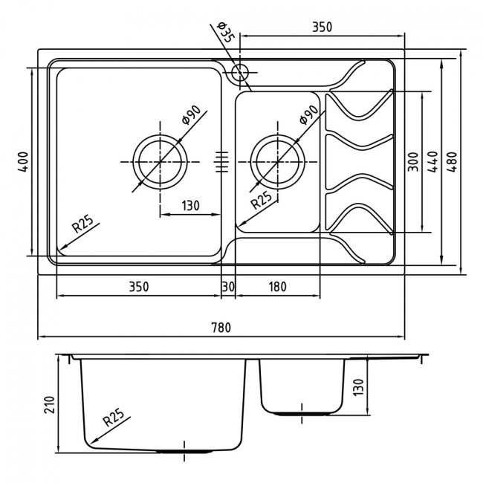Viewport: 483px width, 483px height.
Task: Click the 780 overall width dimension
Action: (x=221, y=327)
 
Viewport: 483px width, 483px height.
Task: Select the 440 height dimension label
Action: (x=432, y=162)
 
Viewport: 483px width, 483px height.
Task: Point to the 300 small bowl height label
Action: (x=413, y=162)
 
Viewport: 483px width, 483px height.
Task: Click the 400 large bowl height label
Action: (x=24, y=161)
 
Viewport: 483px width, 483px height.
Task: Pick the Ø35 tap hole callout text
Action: (x=225, y=33)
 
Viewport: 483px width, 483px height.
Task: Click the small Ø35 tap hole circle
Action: (x=240, y=73)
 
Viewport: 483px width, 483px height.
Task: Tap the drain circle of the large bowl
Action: (x=160, y=162)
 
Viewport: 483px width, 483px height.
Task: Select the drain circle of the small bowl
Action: (x=278, y=162)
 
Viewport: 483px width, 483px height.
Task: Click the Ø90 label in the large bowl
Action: (x=191, y=114)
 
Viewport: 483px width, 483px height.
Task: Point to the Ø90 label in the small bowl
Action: (x=308, y=114)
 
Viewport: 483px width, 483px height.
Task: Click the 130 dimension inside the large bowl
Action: (x=190, y=205)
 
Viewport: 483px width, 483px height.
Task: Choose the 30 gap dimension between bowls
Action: (x=228, y=287)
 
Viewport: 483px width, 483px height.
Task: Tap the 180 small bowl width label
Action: (x=278, y=287)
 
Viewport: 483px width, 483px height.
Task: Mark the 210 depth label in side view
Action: (x=49, y=404)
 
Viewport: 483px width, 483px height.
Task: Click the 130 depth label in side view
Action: (x=359, y=387)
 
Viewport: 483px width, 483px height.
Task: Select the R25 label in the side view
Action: (x=114, y=417)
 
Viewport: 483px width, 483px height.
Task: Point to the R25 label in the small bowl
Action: (x=262, y=200)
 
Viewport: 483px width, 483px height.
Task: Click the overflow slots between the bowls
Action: (x=221, y=162)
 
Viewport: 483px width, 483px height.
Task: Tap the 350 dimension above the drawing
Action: (x=322, y=27)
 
